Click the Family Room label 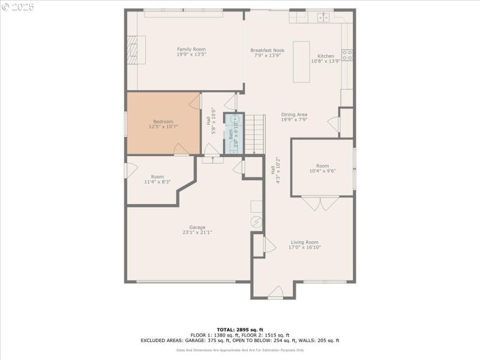click(191, 49)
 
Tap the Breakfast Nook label click(267, 50)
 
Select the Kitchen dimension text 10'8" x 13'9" click(326, 61)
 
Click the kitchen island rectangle click(301, 62)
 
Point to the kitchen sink click(323, 17)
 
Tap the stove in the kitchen click(347, 56)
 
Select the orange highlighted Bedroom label click(163, 122)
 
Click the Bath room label click(230, 134)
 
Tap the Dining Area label click(294, 115)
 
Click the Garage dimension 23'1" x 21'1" click(197, 233)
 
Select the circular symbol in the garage click(257, 222)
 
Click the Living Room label click(305, 242)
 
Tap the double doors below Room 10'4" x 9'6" click(320, 203)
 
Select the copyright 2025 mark click(18, 7)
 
